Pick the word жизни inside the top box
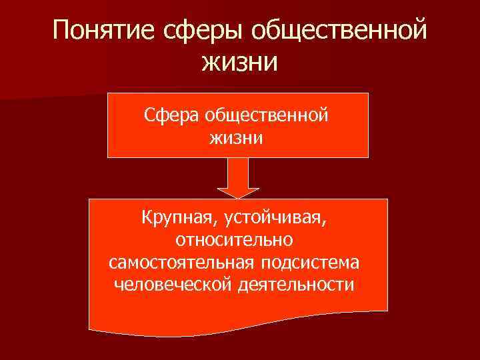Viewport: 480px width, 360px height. [237, 139]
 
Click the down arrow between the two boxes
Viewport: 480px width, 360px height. [237, 179]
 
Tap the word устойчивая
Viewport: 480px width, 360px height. [280, 217]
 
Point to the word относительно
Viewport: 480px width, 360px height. [238, 239]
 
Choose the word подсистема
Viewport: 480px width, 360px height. [314, 261]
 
